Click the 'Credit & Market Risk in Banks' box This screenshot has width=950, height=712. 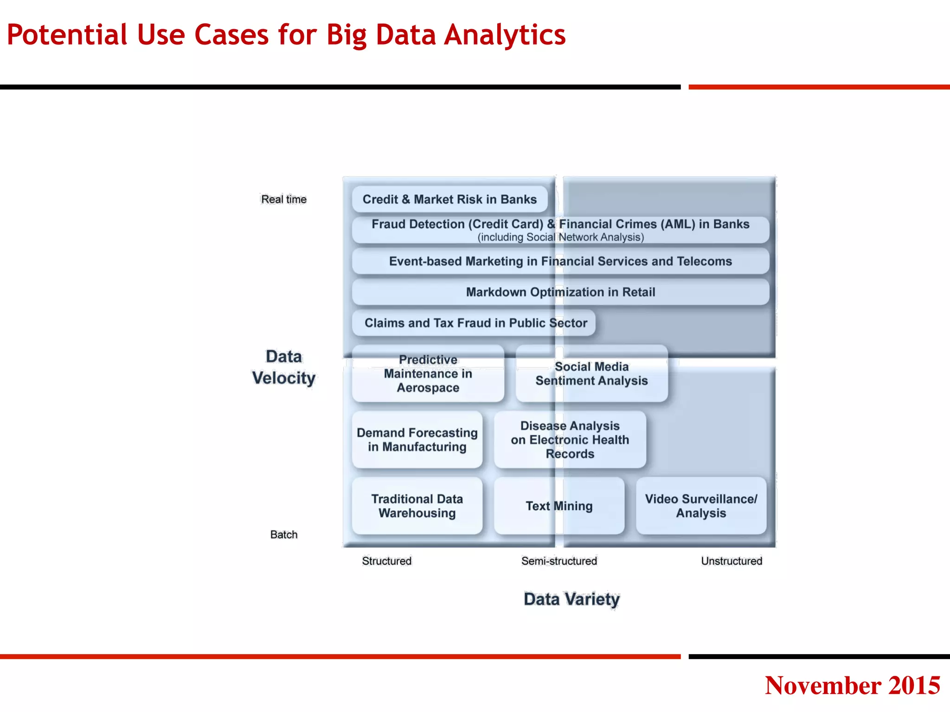(x=449, y=199)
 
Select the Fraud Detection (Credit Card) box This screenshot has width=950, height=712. (x=560, y=230)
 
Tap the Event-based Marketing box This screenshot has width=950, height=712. (x=560, y=261)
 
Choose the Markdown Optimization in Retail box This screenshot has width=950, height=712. (x=560, y=292)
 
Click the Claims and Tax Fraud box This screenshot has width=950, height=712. (x=474, y=323)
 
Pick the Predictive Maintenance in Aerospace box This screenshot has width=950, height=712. (x=428, y=374)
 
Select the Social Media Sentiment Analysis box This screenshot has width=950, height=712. (x=591, y=374)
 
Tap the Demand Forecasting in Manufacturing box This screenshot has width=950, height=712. (x=417, y=439)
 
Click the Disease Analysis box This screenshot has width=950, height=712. (x=570, y=439)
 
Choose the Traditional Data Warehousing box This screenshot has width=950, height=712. (x=417, y=506)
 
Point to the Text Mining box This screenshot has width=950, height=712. (x=559, y=506)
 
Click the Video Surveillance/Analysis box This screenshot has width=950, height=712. (x=701, y=506)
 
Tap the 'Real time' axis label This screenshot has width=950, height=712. (x=284, y=199)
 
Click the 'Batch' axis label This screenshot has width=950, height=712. (x=284, y=534)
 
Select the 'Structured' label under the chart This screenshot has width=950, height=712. (x=387, y=561)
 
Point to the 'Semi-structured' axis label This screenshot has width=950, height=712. (x=559, y=561)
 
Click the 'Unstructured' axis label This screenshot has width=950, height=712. (x=732, y=561)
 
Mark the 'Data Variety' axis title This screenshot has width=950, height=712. (x=571, y=599)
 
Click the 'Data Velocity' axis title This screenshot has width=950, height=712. (x=284, y=367)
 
